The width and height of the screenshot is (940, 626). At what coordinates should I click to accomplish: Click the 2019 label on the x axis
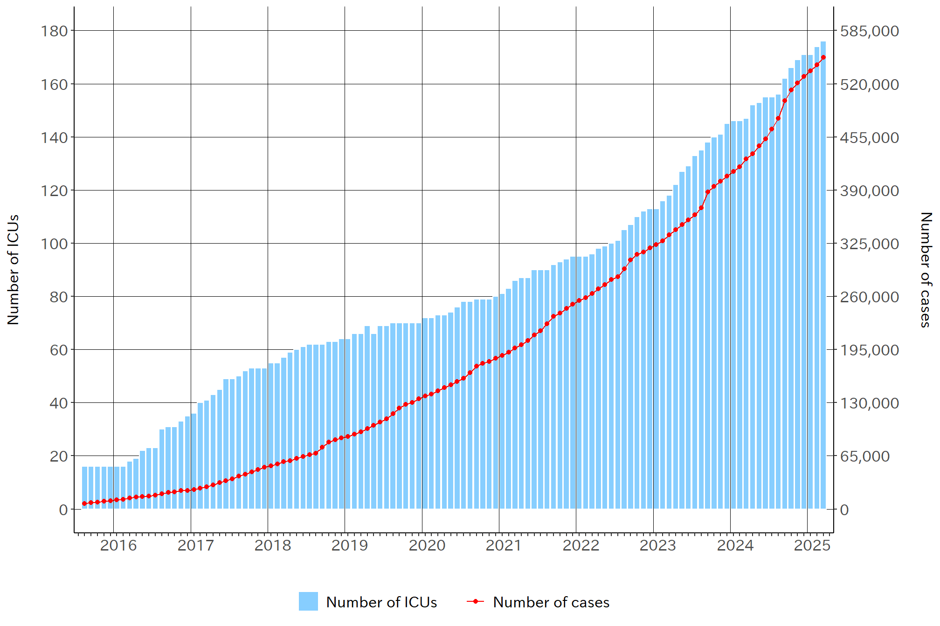350,545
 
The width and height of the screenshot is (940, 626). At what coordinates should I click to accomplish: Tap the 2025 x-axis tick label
812,545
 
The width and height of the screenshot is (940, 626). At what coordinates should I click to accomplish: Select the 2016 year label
118,545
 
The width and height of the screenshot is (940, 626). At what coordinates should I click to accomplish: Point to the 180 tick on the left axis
55,31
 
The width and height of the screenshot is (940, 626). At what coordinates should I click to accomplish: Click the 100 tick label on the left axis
55,244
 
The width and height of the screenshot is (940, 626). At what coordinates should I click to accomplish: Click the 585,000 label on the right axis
869,31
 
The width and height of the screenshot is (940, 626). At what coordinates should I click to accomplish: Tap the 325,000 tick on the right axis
869,244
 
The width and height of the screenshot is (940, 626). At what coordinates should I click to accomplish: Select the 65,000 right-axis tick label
865,456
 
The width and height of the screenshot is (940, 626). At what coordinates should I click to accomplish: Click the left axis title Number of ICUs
14,269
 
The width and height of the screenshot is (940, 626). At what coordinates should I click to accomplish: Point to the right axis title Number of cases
926,269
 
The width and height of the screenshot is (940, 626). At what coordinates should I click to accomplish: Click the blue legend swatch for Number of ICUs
308,601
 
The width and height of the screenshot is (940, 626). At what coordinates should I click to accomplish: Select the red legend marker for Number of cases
476,601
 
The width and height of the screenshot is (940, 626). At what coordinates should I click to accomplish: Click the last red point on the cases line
823,57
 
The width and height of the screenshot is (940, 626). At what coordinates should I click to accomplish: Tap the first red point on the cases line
84,504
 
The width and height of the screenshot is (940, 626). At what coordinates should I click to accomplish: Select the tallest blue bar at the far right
823,275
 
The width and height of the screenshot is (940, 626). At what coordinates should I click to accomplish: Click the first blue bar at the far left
84,487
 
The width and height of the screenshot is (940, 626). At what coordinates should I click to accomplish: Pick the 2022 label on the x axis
581,545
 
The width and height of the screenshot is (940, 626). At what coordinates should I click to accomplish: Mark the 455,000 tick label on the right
869,137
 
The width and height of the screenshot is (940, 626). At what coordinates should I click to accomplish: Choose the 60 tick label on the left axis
59,350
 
